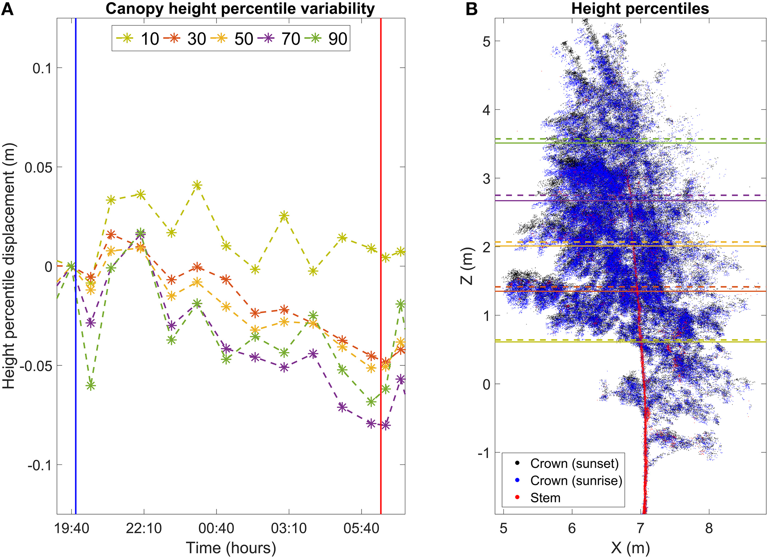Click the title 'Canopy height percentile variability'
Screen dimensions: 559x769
240,9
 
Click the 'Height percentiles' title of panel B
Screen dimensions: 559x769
640,9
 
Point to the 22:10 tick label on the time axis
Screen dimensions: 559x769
144,529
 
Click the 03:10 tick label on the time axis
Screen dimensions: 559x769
289,529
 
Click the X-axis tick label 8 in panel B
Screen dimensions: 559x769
709,529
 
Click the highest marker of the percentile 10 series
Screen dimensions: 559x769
197,185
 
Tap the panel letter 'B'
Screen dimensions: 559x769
471,9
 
